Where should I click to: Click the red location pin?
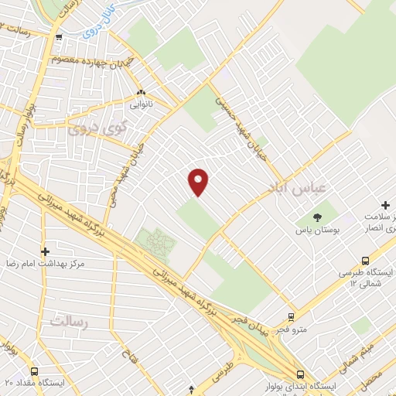(199, 181)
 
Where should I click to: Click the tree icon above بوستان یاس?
(316, 216)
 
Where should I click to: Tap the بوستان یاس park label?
(316, 230)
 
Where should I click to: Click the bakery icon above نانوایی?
(140, 91)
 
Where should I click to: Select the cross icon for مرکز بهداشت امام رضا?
(45, 251)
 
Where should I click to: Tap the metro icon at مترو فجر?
(291, 316)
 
